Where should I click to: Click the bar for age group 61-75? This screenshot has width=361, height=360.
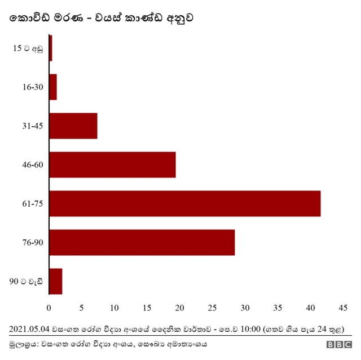pos(185,203)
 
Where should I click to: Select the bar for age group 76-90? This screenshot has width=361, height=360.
pos(142,242)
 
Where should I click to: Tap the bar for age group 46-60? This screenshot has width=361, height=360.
pos(113,165)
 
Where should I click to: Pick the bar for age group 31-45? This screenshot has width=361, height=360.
pos(73,126)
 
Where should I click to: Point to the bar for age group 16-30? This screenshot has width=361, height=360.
pos(53,87)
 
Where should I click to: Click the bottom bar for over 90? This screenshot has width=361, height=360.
pos(56,281)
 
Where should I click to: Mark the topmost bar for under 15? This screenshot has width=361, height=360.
pos(51,48)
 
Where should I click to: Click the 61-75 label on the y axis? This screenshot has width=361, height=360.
pos(33,203)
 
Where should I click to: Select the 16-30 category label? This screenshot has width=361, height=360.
pos(33,87)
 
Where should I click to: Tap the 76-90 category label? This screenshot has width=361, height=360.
pos(33,242)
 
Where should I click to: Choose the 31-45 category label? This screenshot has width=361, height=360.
pos(33,126)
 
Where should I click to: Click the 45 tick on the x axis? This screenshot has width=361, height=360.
pos(342,308)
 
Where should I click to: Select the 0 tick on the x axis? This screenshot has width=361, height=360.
pos(49,308)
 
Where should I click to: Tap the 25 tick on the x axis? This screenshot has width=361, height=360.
pos(212,308)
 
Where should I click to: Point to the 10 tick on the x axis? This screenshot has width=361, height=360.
pos(115,308)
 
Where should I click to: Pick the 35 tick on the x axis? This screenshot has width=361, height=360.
pos(278,308)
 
